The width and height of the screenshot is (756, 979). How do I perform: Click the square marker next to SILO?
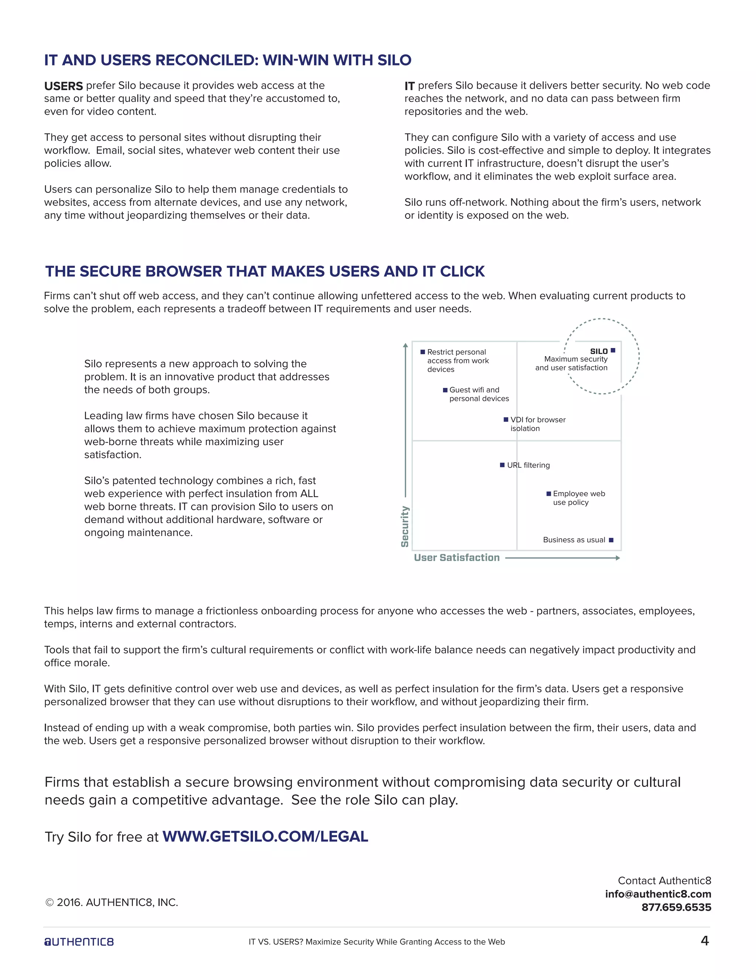(x=613, y=351)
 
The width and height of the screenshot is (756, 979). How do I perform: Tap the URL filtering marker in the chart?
(x=502, y=465)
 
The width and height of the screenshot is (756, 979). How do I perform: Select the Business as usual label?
(x=574, y=540)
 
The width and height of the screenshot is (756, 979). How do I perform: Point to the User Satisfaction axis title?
(x=456, y=557)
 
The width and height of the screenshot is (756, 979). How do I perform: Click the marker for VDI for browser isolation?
(x=506, y=420)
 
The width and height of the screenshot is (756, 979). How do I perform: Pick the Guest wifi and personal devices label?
(x=478, y=394)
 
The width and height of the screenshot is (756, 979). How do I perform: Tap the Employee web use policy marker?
(x=549, y=494)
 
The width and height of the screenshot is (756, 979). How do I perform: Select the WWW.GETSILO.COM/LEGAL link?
(x=265, y=836)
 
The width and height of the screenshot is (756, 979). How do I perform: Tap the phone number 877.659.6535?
(x=676, y=907)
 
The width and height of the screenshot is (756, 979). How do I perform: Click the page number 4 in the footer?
(x=704, y=941)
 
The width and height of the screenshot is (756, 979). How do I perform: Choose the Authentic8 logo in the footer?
(x=79, y=942)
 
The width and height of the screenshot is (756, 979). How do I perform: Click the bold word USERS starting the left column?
(x=63, y=86)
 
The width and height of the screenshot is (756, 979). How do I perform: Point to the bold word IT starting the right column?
(x=409, y=86)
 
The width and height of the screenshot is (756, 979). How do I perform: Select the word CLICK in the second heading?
(x=462, y=271)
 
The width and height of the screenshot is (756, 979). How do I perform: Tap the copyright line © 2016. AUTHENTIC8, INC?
(x=111, y=903)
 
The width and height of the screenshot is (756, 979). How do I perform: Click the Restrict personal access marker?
(x=422, y=352)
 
